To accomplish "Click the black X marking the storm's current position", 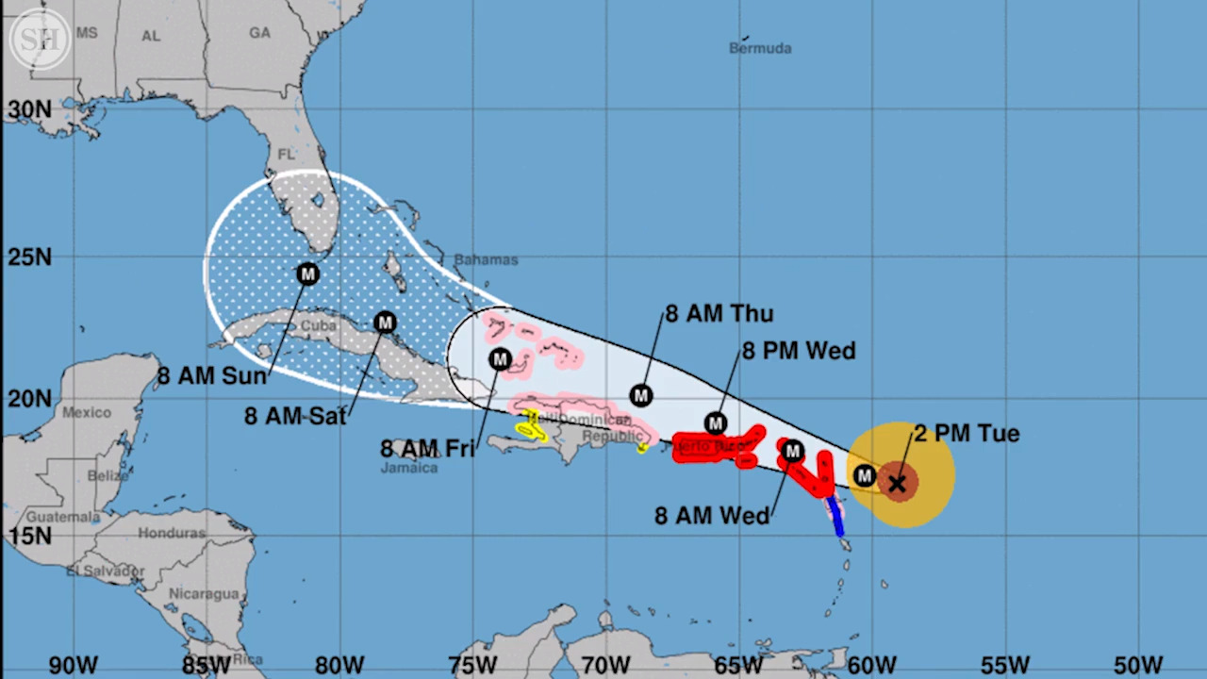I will point(897,484).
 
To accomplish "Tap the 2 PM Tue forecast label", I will point(967,434).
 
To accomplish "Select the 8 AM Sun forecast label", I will point(212,375).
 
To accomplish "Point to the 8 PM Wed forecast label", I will point(799,351).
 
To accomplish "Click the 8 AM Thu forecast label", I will point(719,314).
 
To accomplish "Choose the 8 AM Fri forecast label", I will point(427,449).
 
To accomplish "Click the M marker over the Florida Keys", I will point(307,274).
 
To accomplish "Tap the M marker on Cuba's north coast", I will point(385,323).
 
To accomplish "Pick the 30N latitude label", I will point(30,109).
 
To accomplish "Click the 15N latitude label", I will point(30,536).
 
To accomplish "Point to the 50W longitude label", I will point(1138,664).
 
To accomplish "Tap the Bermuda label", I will point(760,48).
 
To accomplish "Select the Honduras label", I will point(172,533).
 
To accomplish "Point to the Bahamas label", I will point(486,259).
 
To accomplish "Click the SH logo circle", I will point(41,39).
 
